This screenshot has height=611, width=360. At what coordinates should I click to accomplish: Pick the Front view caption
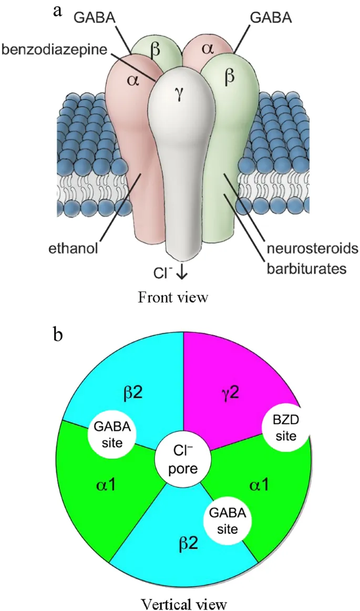(x=173, y=297)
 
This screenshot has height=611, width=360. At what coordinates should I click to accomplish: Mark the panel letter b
(x=59, y=335)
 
